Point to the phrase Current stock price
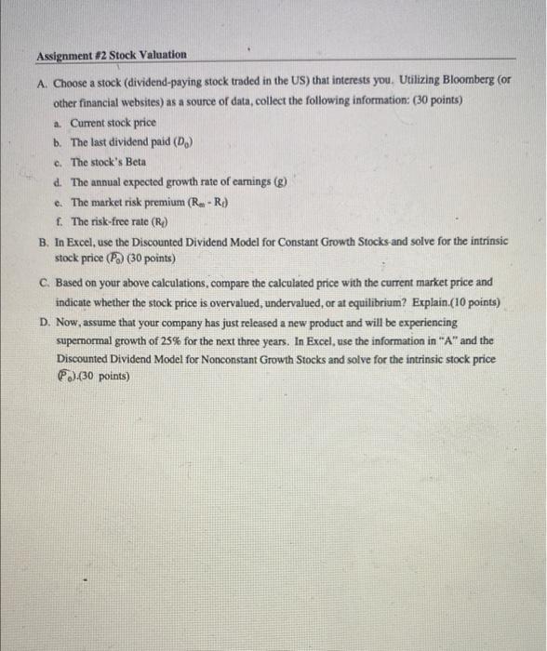click(113, 122)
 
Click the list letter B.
click(45, 240)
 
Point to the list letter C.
click(45, 281)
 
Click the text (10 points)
click(471, 301)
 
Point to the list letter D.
click(45, 320)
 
